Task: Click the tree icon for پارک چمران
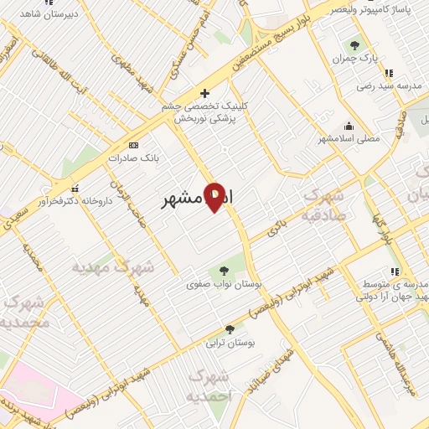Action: (355, 45)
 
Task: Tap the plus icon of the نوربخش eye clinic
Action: (204, 92)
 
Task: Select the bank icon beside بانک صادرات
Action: (111, 158)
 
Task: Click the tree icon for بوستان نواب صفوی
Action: (224, 270)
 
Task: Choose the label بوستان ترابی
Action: (230, 343)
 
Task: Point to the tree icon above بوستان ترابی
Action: (230, 329)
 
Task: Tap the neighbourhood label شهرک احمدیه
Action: (207, 385)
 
